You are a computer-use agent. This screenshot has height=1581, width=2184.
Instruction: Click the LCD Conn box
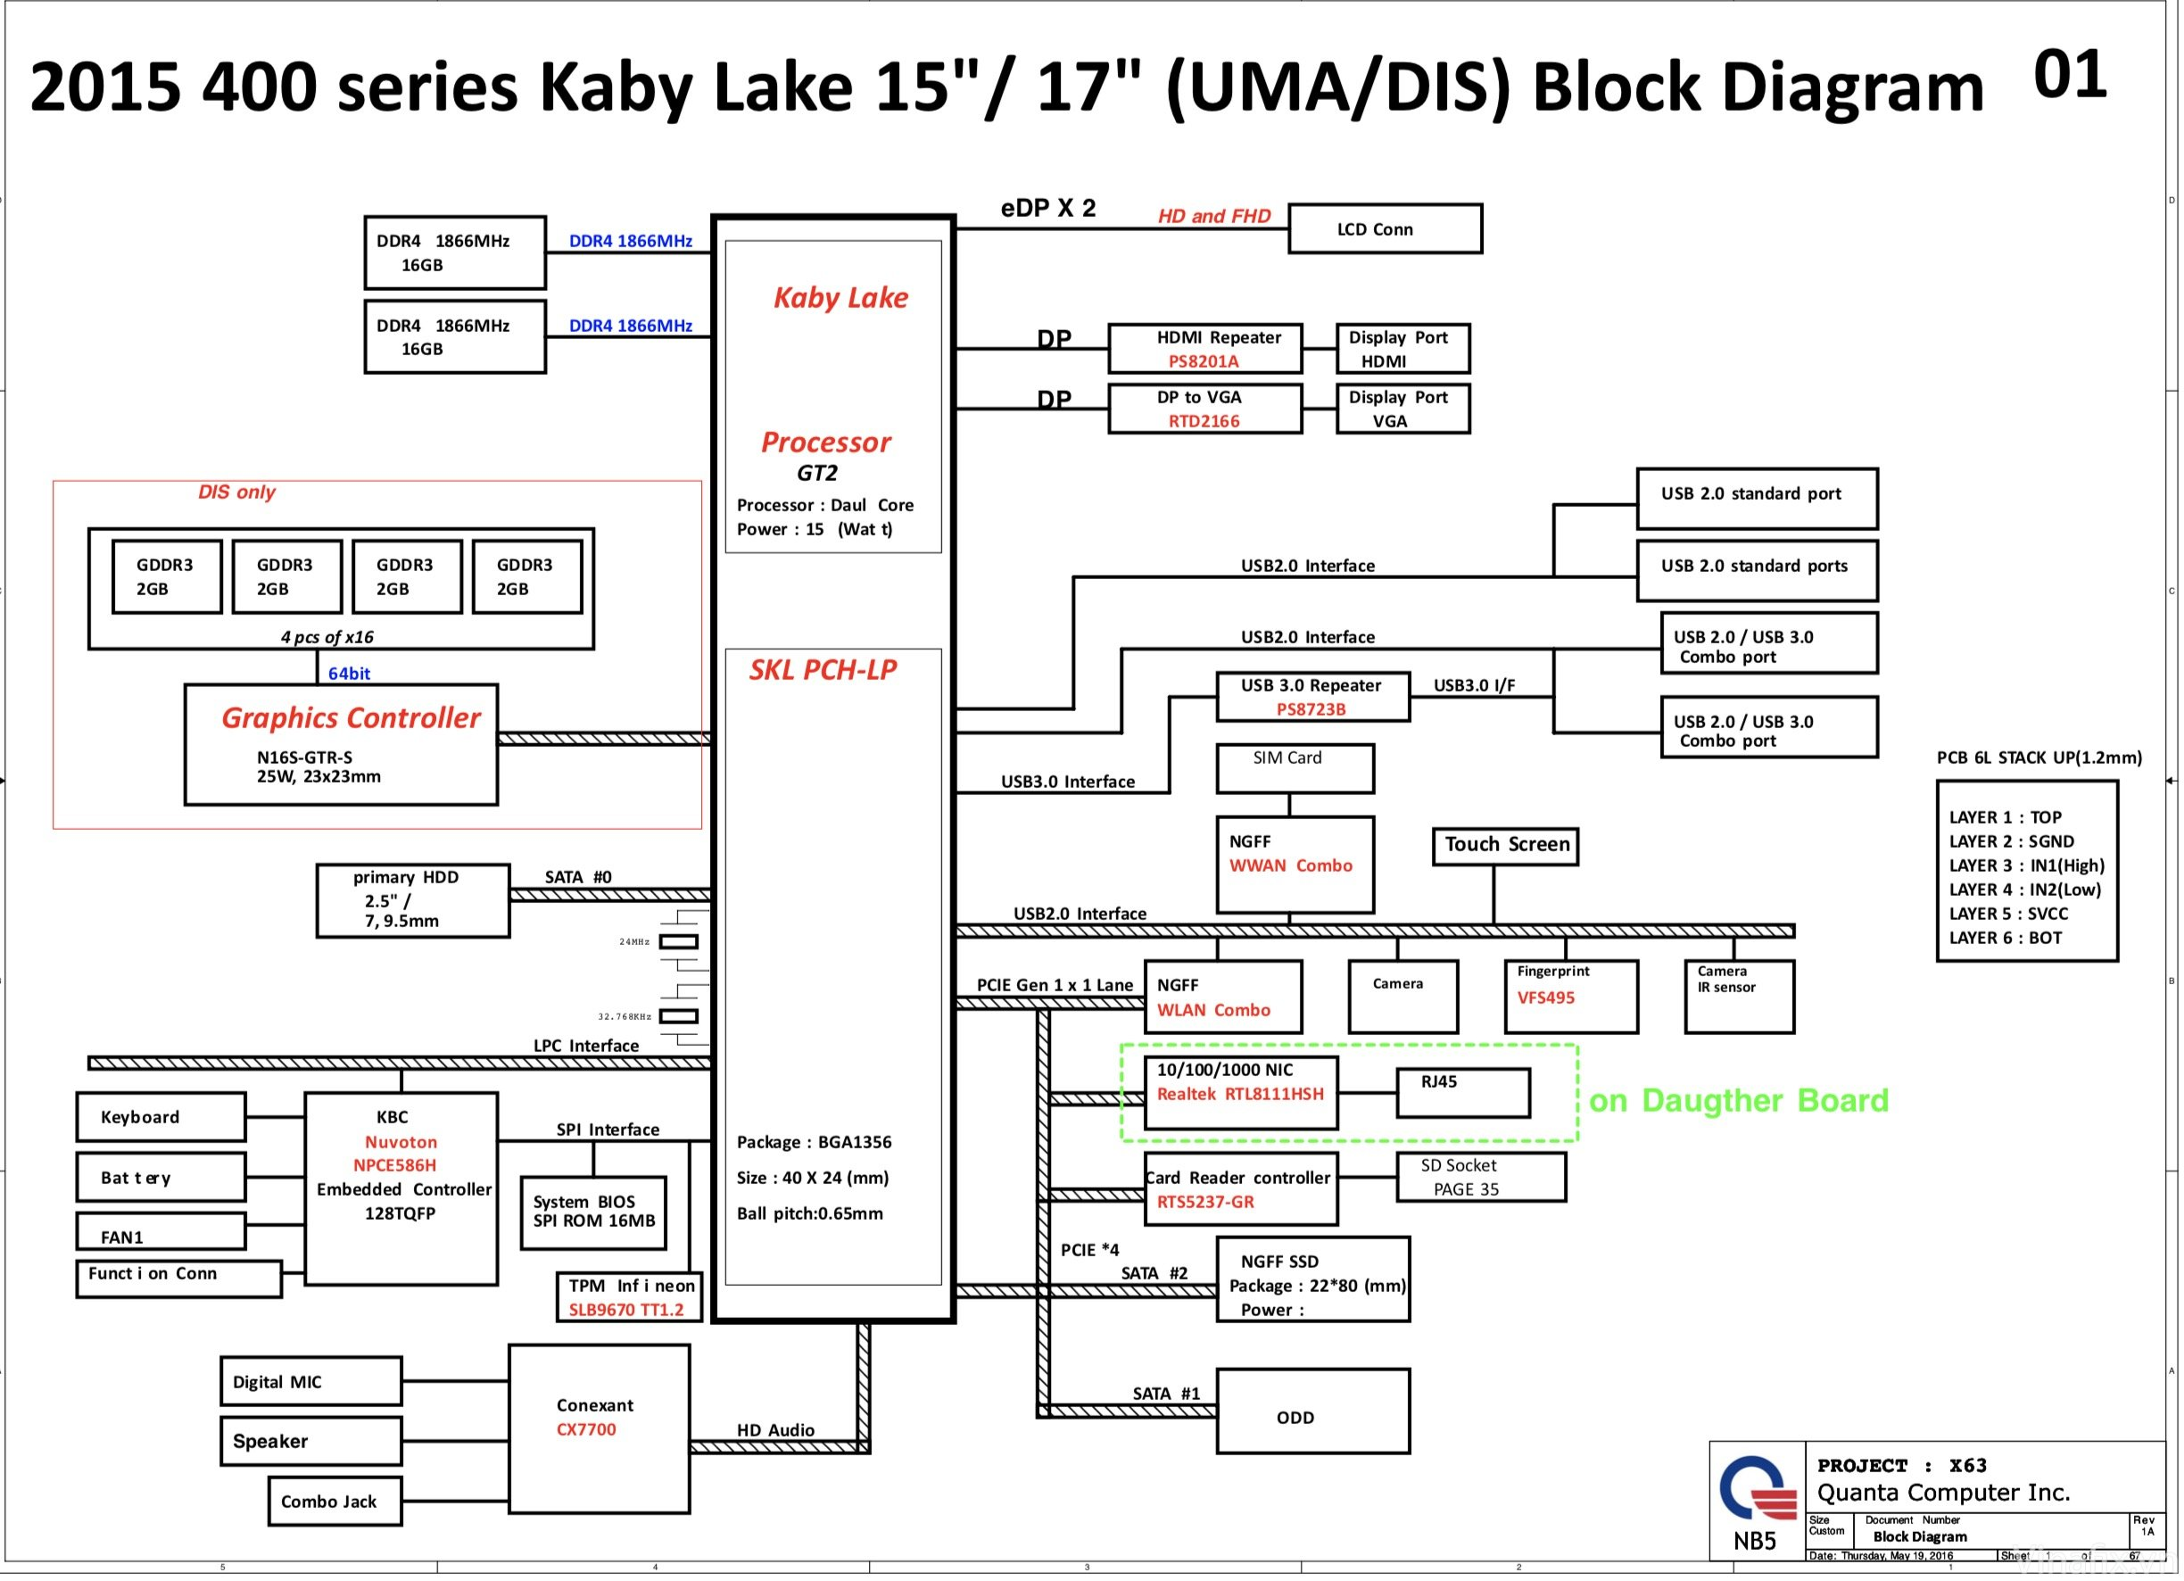[x=1384, y=229]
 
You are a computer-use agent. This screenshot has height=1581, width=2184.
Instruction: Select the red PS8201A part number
[x=1203, y=362]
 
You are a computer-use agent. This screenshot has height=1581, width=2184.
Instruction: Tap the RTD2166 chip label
[x=1203, y=422]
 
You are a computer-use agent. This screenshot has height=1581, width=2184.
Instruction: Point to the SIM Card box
[x=1295, y=768]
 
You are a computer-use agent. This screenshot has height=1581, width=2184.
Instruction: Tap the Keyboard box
[x=161, y=1117]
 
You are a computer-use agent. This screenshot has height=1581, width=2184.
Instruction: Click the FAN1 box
[x=161, y=1231]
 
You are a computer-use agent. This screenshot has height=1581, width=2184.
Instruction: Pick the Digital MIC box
[x=310, y=1382]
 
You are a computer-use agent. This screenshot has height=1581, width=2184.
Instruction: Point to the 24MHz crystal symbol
[x=678, y=941]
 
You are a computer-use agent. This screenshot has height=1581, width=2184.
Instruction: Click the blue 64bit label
[x=349, y=674]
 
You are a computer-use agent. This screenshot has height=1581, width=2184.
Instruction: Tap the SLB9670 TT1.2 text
[x=626, y=1310]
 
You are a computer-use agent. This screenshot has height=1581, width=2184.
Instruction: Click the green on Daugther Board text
[x=1738, y=1100]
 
